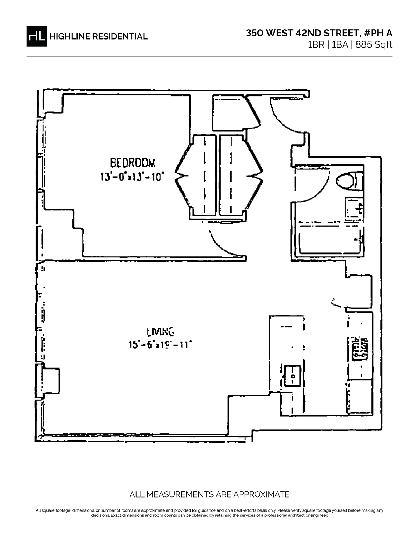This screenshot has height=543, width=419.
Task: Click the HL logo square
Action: click(x=36, y=36)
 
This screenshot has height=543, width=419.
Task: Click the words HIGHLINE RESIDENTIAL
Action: click(x=98, y=36)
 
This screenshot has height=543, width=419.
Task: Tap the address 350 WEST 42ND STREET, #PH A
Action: click(x=319, y=33)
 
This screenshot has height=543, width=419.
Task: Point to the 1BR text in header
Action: click(x=316, y=45)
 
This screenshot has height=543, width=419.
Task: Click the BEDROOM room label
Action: click(x=133, y=163)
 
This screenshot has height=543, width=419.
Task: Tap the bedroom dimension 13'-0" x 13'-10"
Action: click(x=132, y=177)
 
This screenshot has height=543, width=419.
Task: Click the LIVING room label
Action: click(x=160, y=331)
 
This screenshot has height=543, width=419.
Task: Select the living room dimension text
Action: click(x=160, y=345)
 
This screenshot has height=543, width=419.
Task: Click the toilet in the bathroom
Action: click(x=346, y=181)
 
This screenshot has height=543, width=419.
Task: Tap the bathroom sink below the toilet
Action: click(x=353, y=208)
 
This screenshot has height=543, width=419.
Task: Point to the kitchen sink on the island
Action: click(x=293, y=376)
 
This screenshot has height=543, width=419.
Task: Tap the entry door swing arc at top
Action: click(x=283, y=115)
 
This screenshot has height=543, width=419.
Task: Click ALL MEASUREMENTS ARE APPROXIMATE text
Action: click(x=209, y=494)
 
